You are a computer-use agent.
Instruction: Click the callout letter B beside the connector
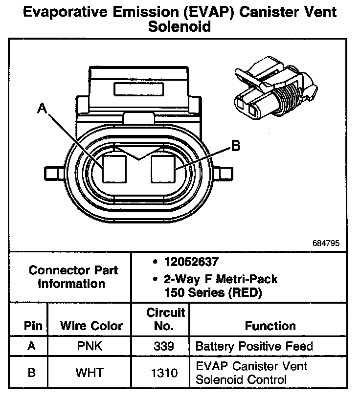[x=235, y=145]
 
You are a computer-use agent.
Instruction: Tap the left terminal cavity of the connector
[x=114, y=169]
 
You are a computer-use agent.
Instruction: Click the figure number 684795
[x=325, y=243]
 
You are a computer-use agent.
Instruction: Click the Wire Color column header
[x=91, y=326]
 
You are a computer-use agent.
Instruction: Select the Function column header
[x=270, y=326]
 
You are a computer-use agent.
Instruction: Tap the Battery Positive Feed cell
[x=254, y=347]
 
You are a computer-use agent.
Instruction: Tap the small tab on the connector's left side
[x=52, y=174]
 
